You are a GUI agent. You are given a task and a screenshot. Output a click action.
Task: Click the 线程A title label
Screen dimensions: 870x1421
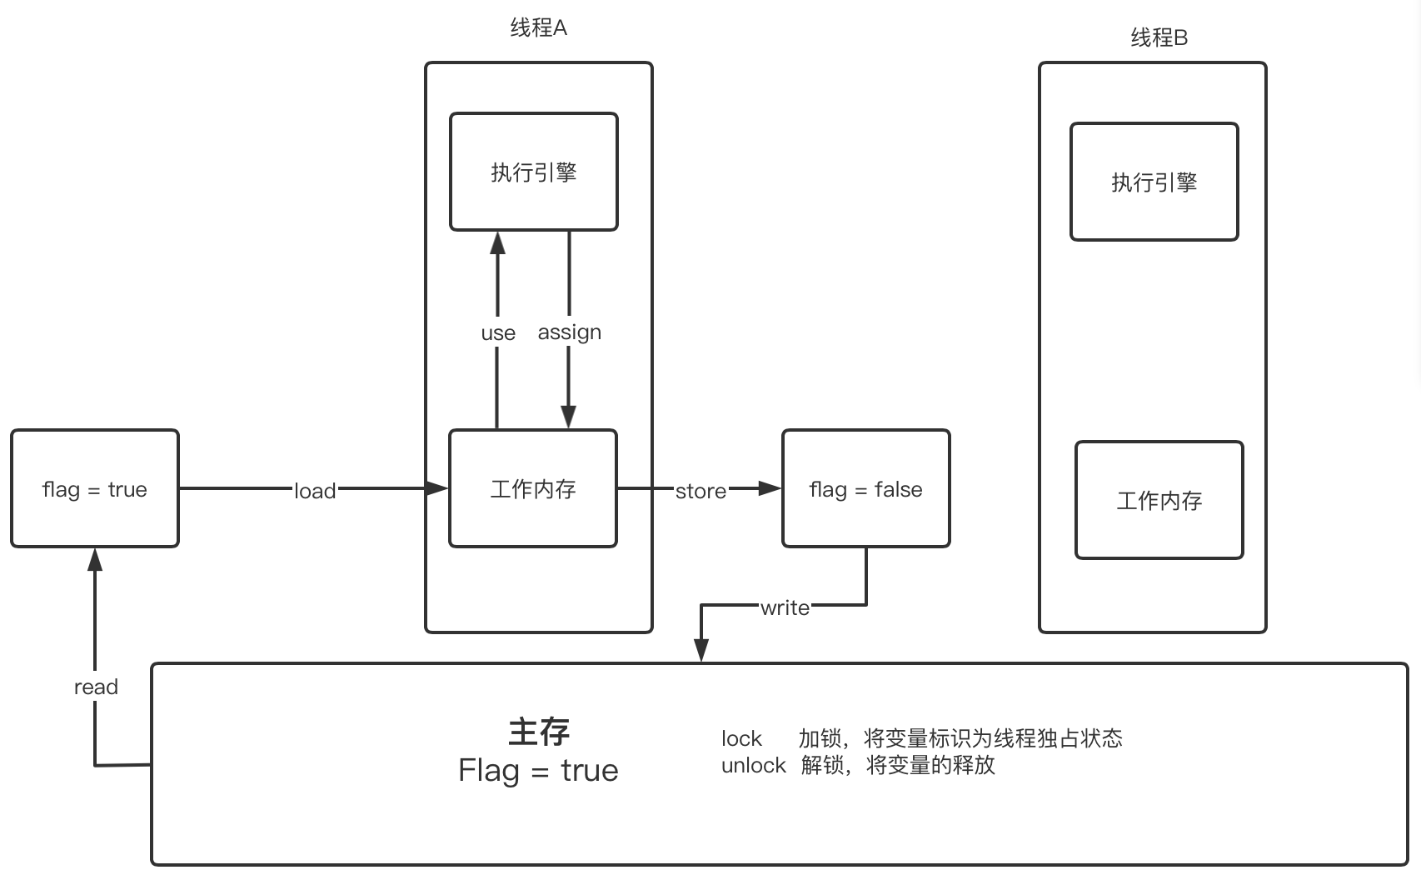point(538,28)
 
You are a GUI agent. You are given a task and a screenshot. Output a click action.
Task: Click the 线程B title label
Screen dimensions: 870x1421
point(1159,37)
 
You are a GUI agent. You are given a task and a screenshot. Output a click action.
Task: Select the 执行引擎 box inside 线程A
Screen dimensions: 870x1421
point(534,172)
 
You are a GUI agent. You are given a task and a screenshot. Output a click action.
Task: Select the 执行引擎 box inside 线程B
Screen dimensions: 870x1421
point(1154,182)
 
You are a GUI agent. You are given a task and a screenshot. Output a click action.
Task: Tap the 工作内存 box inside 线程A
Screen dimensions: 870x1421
point(533,488)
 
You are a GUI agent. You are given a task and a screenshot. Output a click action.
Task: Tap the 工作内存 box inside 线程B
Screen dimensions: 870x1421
point(1159,500)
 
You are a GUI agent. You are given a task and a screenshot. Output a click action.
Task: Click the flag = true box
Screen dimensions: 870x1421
point(95,489)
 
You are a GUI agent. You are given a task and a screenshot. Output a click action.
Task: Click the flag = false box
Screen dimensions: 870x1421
point(865,489)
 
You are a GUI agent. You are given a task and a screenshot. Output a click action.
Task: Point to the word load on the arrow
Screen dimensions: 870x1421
point(315,491)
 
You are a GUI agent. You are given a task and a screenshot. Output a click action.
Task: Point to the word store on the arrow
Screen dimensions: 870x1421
point(701,491)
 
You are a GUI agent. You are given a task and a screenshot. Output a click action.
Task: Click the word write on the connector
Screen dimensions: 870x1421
point(785,607)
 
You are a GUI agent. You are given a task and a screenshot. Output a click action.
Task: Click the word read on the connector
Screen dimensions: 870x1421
point(96,687)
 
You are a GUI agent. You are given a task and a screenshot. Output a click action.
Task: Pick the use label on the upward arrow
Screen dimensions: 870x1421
point(498,333)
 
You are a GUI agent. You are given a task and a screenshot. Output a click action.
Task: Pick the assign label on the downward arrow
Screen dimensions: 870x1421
point(570,332)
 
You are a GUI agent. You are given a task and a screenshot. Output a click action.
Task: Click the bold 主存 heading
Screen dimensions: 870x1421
point(539,732)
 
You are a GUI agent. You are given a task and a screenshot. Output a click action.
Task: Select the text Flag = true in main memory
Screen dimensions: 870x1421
point(538,770)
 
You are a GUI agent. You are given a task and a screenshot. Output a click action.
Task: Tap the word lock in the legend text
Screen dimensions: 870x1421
point(741,738)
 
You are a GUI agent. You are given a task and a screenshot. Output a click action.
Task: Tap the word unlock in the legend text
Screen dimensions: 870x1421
point(753,765)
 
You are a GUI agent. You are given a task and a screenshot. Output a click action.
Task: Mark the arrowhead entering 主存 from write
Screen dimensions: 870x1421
point(701,650)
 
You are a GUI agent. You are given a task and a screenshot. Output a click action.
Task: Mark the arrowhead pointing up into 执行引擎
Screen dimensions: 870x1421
point(498,242)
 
